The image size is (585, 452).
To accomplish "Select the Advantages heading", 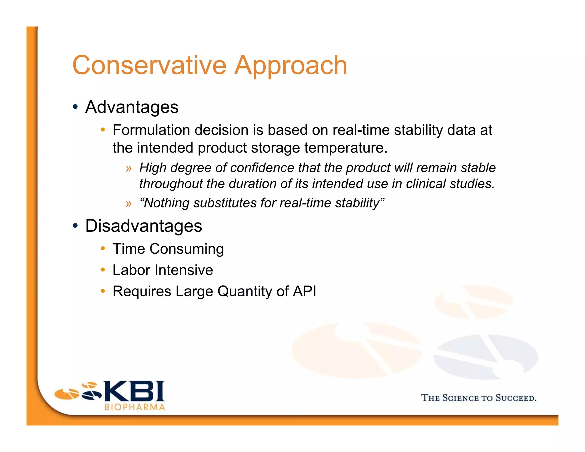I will tap(132, 107).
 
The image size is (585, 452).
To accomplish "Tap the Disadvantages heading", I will tap(144, 226).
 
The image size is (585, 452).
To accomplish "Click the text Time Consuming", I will tap(168, 249).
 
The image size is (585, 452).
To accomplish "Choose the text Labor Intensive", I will tap(163, 270).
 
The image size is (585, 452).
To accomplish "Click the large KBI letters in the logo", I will tap(134, 391).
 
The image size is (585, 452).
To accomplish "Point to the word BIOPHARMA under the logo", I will tap(135, 407).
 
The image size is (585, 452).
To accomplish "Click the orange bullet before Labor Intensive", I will tap(103, 270).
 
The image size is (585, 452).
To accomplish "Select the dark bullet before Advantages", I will tap(75, 107).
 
